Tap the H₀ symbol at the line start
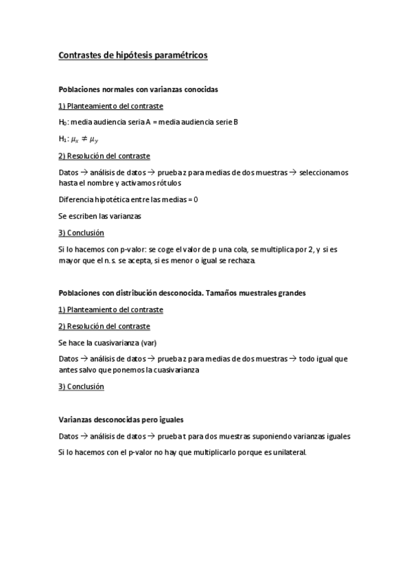pos(62,122)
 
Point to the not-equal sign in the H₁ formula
pos(88,139)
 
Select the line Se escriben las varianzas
pos(99,216)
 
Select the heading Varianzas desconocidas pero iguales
pos(121,419)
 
